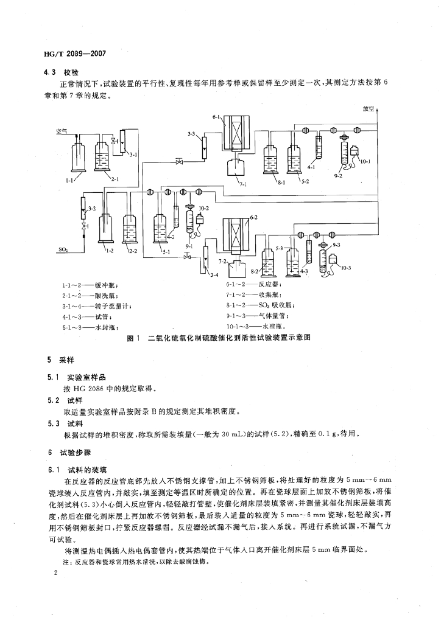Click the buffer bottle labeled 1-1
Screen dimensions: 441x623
(79, 156)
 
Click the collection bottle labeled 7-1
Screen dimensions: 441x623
(237, 167)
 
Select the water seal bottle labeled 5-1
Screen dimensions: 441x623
(162, 233)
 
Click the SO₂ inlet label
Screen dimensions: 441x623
(63, 249)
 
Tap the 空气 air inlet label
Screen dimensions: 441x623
(62, 130)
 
